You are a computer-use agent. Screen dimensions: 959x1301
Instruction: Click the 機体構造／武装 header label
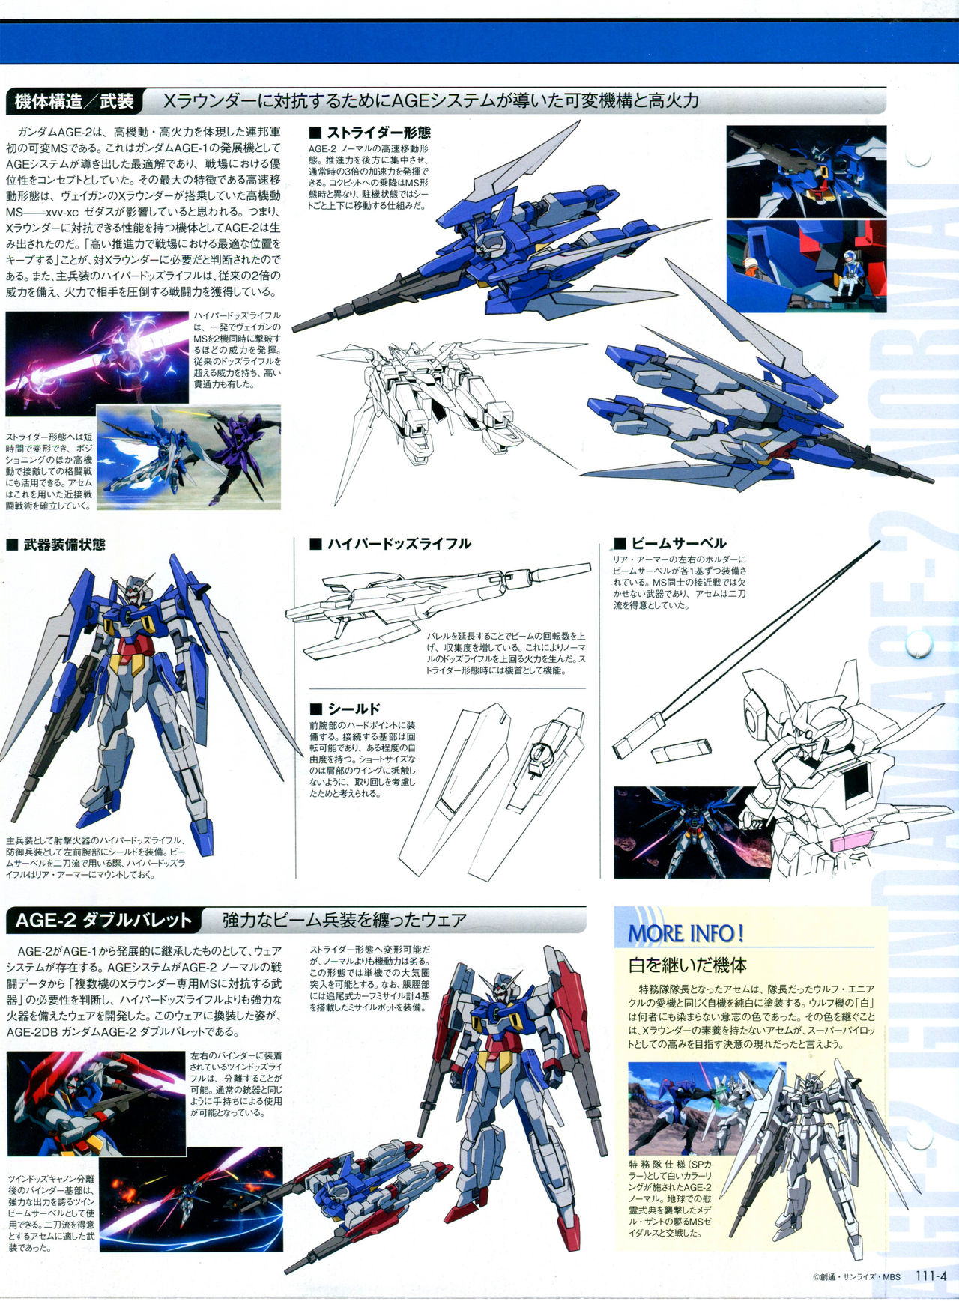[74, 101]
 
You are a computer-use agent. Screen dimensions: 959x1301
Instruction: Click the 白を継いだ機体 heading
[687, 965]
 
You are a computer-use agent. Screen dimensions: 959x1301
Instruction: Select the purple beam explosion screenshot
[97, 363]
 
